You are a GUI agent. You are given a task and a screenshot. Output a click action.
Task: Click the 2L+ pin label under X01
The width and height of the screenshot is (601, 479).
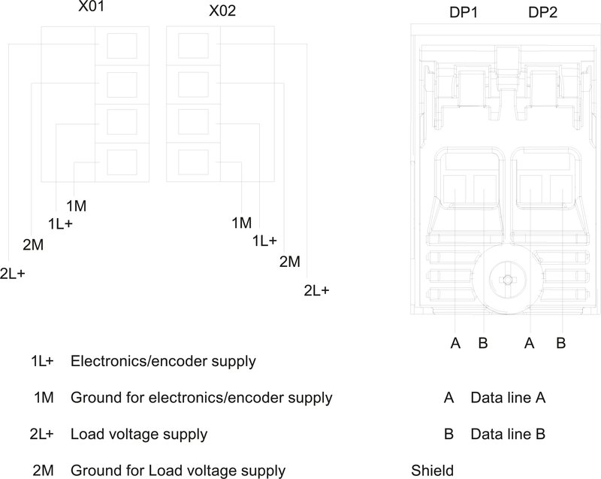coord(13,274)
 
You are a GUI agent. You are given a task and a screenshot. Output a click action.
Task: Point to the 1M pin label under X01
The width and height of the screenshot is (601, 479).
coord(75,206)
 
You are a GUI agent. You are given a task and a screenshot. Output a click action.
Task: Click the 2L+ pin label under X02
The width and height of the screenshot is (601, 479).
coord(316,290)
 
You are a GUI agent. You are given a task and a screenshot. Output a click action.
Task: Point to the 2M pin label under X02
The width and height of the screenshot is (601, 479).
coord(290,262)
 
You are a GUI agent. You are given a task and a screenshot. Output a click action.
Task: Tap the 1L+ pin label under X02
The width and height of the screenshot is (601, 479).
coord(264,241)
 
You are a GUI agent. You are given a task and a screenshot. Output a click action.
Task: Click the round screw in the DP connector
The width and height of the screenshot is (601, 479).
coord(508,280)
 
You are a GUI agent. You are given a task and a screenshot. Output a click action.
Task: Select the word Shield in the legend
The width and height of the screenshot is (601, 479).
coord(433,471)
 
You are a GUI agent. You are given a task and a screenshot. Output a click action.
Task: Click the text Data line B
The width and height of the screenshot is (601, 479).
coord(507,434)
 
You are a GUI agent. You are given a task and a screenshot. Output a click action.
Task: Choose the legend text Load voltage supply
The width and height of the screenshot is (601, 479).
coord(139,434)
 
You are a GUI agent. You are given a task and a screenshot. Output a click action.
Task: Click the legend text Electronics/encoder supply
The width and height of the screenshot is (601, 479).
coord(163,361)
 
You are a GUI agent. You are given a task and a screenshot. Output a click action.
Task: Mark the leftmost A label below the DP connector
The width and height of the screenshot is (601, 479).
coord(455,344)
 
